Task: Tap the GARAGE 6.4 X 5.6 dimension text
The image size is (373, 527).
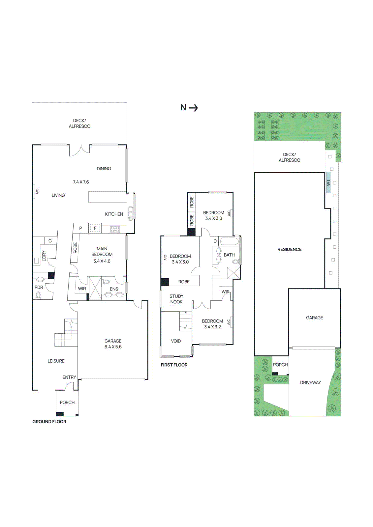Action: (113, 347)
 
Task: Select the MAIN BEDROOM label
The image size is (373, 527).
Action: (102, 252)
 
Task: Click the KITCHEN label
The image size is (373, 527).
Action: (114, 214)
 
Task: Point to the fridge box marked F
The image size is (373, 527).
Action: (95, 228)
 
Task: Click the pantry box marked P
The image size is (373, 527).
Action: (80, 228)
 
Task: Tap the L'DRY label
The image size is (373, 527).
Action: (44, 256)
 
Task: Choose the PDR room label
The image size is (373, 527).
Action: (39, 287)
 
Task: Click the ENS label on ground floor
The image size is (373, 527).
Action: (114, 289)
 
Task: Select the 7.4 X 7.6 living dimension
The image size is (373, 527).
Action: (81, 182)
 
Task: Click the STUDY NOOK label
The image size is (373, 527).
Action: (176, 299)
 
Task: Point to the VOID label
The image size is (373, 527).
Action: (176, 341)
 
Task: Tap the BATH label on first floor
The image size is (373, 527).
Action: (229, 255)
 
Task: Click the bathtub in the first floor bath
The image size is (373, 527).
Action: (229, 242)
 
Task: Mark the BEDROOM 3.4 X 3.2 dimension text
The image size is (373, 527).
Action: (212, 327)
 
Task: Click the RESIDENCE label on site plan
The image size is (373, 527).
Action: (289, 249)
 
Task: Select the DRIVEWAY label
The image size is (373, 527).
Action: (310, 382)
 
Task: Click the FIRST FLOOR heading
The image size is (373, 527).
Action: (174, 365)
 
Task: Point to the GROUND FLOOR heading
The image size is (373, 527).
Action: (49, 422)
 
